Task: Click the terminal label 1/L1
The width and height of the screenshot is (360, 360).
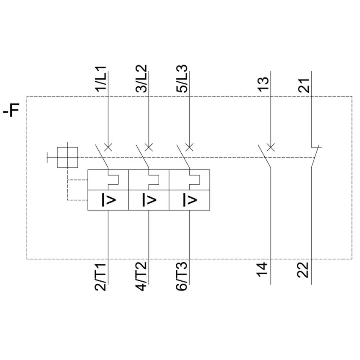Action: (x=101, y=79)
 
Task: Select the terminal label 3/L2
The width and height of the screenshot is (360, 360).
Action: (x=141, y=78)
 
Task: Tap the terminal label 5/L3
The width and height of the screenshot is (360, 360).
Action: (x=182, y=78)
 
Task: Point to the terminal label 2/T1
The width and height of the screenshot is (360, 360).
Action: (x=100, y=277)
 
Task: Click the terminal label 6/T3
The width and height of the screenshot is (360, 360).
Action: (x=182, y=277)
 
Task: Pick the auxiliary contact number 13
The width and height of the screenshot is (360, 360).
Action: (x=263, y=84)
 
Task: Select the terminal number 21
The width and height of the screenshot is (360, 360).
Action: (x=304, y=86)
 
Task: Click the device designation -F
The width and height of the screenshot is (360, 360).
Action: (x=11, y=110)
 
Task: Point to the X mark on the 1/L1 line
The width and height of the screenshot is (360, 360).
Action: (x=108, y=147)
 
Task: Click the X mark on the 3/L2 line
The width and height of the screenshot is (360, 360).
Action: (x=149, y=147)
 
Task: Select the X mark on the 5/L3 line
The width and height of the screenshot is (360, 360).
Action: (x=189, y=147)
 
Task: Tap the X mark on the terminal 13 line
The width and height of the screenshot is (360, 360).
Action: (x=271, y=147)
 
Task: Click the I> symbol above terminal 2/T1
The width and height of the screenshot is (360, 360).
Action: (x=108, y=200)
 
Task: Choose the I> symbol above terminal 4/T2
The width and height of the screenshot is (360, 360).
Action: (x=149, y=200)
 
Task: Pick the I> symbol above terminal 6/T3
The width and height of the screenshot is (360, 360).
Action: (x=190, y=200)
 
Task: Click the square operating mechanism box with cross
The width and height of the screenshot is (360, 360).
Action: (x=67, y=158)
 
